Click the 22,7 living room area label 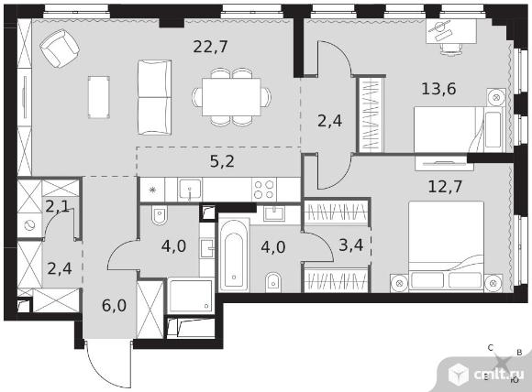coord(210,47)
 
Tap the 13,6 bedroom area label coord(438,89)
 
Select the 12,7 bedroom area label coord(445,186)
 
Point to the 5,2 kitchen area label coord(222,161)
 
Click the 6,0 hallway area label coord(114,305)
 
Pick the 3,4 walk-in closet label coord(351,245)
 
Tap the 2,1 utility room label coord(58,206)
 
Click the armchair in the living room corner coord(60,48)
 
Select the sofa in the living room coord(154,98)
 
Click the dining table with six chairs coord(231,97)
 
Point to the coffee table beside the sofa coord(99,97)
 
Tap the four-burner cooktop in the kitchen coord(264,190)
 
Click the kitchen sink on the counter coord(190,190)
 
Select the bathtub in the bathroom coord(234,255)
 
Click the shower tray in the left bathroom coord(191,296)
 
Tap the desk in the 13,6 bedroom coord(451,31)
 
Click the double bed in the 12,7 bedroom coord(446,245)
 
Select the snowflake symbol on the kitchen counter coord(152,190)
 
